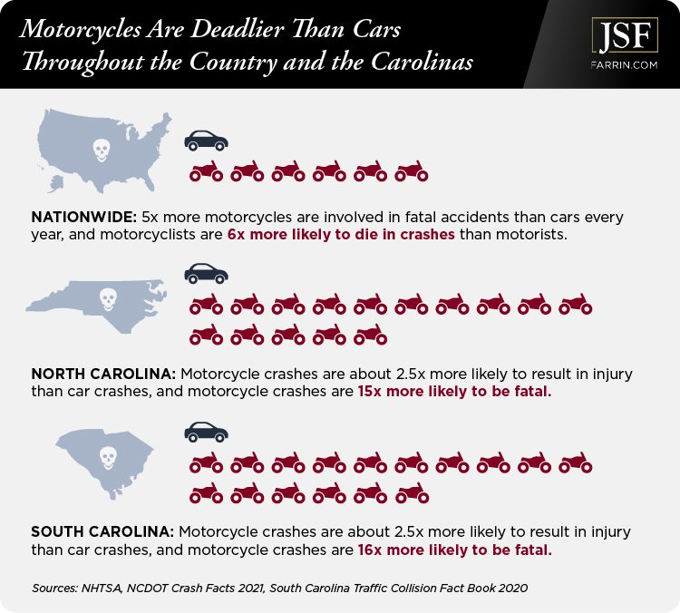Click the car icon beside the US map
point(206,140)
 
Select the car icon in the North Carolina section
point(206,272)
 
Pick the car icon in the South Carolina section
point(206,431)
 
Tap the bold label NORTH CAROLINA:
point(103,373)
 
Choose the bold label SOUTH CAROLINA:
point(103,530)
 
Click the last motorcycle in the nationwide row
point(412,170)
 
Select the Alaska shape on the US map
point(55,182)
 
